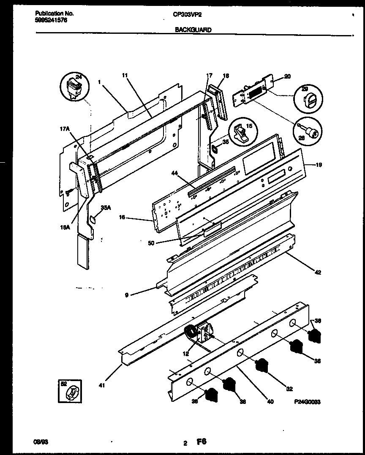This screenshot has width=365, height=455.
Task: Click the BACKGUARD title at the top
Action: (193, 30)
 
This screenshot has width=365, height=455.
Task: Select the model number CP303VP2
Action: (186, 14)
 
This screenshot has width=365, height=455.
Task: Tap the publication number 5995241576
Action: (51, 19)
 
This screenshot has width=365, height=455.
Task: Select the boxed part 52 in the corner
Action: (71, 391)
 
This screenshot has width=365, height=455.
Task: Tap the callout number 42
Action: (318, 273)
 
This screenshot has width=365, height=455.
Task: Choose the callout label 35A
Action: (106, 207)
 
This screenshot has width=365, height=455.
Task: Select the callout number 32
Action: (289, 389)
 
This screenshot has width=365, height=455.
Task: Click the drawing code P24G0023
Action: (306, 402)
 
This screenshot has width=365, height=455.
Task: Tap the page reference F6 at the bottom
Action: (201, 442)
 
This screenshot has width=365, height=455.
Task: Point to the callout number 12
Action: (186, 354)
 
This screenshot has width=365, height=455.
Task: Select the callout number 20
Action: (287, 76)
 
